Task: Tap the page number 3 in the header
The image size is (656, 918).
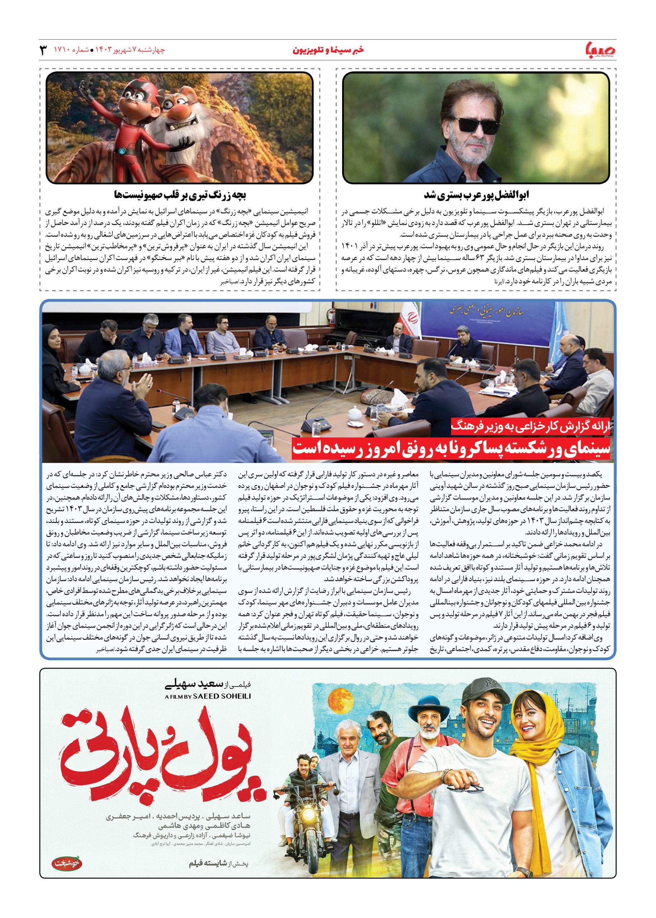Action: pos(43,50)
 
